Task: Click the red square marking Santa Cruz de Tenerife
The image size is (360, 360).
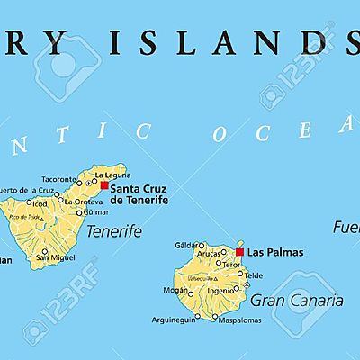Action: click(x=104, y=185)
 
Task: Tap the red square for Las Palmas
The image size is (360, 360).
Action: click(x=239, y=253)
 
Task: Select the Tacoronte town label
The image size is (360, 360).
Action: click(x=59, y=178)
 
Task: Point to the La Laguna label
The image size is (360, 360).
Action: click(x=112, y=174)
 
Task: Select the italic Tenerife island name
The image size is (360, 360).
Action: click(x=114, y=231)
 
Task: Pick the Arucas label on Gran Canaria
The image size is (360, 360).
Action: click(x=209, y=254)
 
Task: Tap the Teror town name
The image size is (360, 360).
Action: click(x=231, y=265)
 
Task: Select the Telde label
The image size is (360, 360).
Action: click(x=254, y=275)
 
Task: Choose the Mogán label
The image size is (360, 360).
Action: click(x=176, y=291)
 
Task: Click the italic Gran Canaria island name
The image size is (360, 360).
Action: click(x=285, y=299)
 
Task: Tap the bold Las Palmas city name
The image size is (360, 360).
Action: click(x=274, y=253)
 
